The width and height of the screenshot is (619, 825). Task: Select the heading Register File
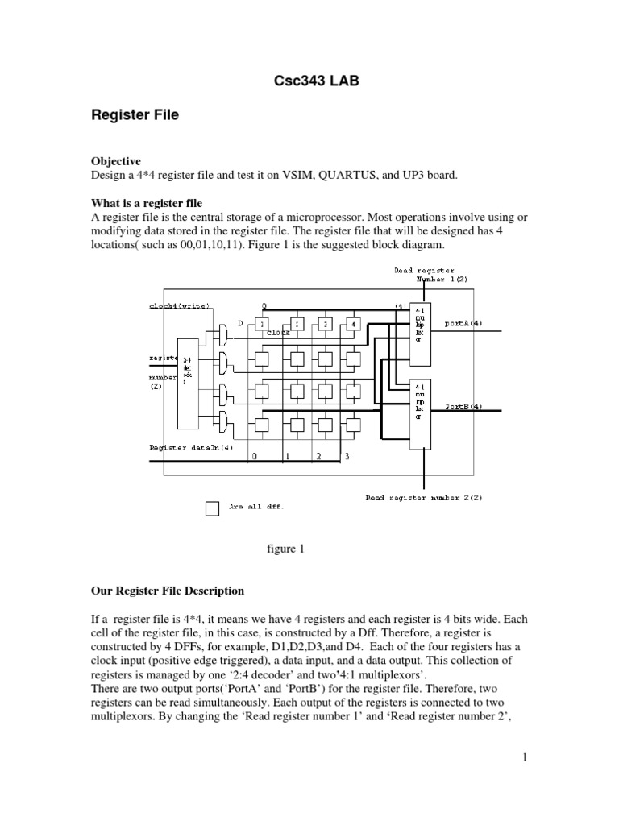(x=134, y=115)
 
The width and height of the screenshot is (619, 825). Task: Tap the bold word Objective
(x=116, y=161)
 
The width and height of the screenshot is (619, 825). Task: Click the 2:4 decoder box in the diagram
(x=187, y=382)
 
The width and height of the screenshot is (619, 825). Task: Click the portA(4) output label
(x=464, y=323)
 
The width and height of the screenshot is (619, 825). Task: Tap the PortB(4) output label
(x=464, y=407)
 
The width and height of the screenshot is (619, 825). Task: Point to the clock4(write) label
(x=179, y=306)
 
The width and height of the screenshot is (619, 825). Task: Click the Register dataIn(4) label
(x=192, y=447)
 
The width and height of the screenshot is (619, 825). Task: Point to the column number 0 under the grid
(x=254, y=457)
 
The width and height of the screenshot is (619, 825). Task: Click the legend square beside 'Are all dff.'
(x=212, y=508)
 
